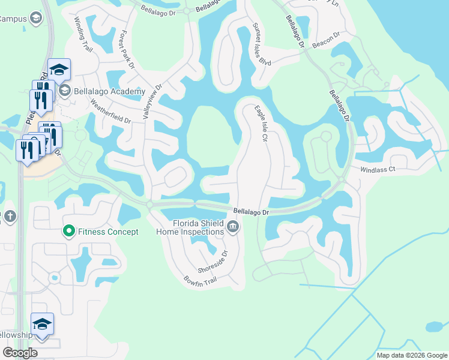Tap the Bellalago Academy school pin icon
(x=65, y=91)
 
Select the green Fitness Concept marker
(x=69, y=231)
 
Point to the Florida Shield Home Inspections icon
(x=233, y=227)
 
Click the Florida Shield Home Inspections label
(x=198, y=227)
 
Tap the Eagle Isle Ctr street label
(x=261, y=124)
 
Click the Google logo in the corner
(x=20, y=353)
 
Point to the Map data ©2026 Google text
(x=412, y=355)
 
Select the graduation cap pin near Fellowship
(x=42, y=325)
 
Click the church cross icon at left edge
(x=9, y=215)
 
